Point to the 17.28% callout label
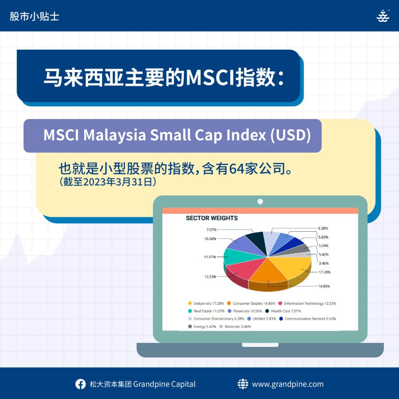coord(325,272)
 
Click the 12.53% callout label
coord(210,277)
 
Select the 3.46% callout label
coord(324,263)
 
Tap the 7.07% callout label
coord(212,230)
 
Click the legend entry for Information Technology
coord(307,303)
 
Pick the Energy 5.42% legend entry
coord(202,327)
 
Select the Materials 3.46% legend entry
coord(235,327)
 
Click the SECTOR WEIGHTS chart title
coord(212,218)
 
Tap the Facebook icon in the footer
coord(80,384)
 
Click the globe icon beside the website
coord(243,384)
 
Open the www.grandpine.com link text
coord(288,384)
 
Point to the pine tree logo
coord(383,16)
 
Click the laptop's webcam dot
coord(260,201)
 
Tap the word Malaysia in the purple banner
coord(114,135)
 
